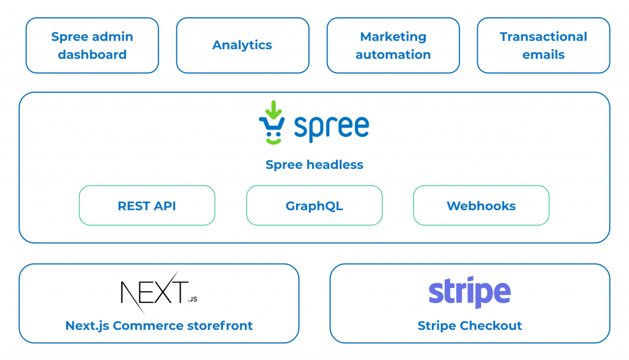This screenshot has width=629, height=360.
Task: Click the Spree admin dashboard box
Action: point(92,45)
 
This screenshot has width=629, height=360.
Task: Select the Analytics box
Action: point(243,45)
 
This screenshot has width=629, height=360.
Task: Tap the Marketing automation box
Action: point(393,45)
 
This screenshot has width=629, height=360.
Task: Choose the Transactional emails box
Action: point(544,45)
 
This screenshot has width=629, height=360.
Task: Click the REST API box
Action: point(147,205)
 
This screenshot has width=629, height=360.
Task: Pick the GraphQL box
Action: point(314,205)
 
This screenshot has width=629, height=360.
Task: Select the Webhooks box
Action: point(482,205)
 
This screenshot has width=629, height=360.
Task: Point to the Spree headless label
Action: point(314,165)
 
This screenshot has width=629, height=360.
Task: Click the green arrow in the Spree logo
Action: point(273,109)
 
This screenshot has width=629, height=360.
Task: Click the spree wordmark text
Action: point(331,127)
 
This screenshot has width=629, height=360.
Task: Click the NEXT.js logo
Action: point(159,292)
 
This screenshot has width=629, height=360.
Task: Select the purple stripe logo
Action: point(470,292)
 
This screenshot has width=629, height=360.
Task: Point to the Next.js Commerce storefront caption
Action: point(159,326)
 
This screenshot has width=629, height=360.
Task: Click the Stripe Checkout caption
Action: point(470,326)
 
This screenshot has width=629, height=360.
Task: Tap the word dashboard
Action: point(92,55)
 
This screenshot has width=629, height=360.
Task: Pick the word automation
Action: point(393,55)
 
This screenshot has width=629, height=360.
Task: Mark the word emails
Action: point(544,55)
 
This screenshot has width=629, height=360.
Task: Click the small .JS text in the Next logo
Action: point(192,299)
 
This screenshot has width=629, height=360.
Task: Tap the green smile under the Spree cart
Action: point(273,141)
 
